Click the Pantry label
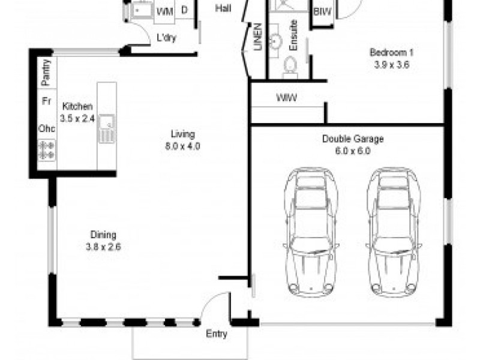coord(46,73)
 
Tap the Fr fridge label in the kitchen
coord(46,101)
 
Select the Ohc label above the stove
coord(47,128)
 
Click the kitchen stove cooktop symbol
coord(47,150)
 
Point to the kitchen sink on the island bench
coord(107,128)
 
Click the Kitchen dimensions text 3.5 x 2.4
coord(77,118)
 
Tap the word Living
coord(183,134)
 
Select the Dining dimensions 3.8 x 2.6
coord(103,247)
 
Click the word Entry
coord(217,334)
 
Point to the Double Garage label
coord(353,139)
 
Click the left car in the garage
coord(311,232)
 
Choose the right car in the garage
coord(394,232)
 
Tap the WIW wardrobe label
coord(287,98)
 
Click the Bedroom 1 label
coord(392,52)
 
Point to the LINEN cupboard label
coord(258,37)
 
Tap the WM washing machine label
coord(164,11)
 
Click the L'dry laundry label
coord(167,38)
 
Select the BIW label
coord(323,11)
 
